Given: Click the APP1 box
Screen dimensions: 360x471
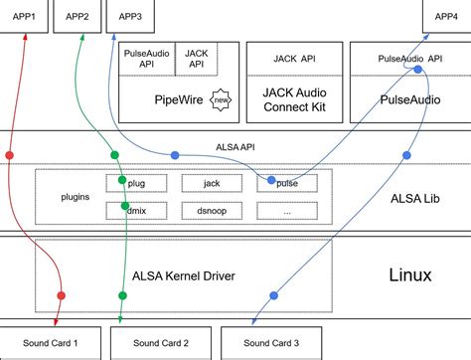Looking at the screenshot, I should click(x=26, y=17).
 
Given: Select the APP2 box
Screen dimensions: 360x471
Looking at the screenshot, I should click(x=78, y=17).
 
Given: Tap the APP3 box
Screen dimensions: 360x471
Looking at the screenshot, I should click(x=129, y=17).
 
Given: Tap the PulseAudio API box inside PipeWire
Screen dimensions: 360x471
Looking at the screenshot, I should click(x=147, y=59).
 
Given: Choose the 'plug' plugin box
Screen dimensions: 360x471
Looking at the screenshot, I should click(x=138, y=183).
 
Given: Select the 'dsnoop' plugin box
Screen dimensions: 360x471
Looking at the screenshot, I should click(x=211, y=210).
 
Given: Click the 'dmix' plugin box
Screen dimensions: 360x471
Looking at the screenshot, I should click(x=138, y=210).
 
